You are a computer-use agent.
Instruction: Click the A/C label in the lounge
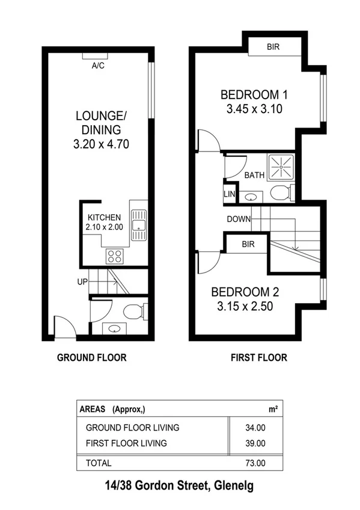coord(97,66)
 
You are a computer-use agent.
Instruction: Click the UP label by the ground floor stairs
coord(82,281)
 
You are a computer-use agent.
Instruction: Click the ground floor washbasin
coord(113,328)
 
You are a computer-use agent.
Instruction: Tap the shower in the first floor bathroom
coord(279,165)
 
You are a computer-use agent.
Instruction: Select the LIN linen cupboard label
coord(229,194)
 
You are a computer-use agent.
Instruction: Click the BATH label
coord(254,175)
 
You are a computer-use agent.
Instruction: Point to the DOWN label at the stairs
coord(239,219)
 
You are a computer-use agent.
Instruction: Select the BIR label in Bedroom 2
coord(246,245)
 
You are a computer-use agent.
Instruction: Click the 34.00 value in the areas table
coord(255,428)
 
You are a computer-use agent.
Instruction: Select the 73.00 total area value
coord(255,463)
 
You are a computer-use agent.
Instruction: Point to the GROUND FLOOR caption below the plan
coord(91,357)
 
